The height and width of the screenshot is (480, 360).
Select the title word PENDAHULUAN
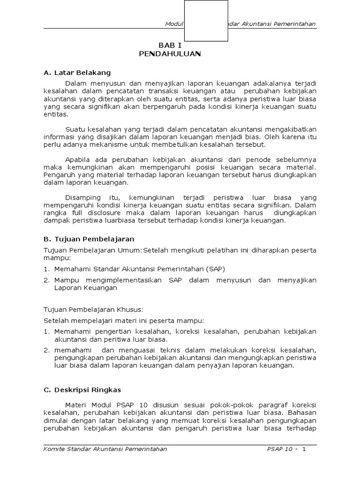pyautogui.click(x=170, y=54)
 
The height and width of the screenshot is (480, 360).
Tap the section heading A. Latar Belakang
pyautogui.click(x=77, y=73)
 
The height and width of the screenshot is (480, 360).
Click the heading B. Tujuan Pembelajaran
pyautogui.click(x=89, y=239)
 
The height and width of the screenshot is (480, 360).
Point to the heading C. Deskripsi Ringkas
pyautogui.click(x=82, y=390)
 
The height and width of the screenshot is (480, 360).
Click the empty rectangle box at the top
pyautogui.click(x=206, y=21)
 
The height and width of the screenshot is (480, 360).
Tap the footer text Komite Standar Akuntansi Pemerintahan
pyautogui.click(x=105, y=449)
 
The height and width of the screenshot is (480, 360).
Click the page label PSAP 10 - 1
pyautogui.click(x=286, y=449)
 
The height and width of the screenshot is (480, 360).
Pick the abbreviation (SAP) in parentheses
pyautogui.click(x=215, y=269)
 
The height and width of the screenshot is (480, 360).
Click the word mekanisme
pyautogui.click(x=107, y=144)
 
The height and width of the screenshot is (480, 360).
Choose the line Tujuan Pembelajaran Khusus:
pyautogui.click(x=93, y=309)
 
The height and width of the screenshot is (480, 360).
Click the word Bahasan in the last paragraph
pyautogui.click(x=303, y=412)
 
